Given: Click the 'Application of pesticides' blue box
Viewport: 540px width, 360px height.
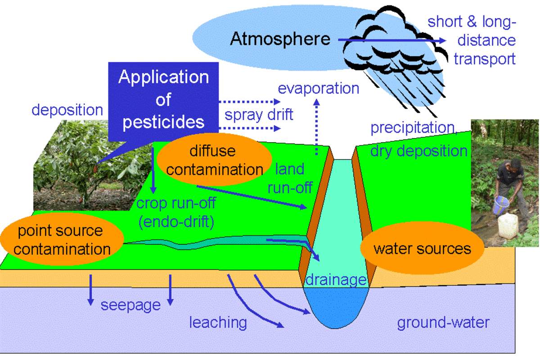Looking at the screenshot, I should pyautogui.click(x=163, y=100).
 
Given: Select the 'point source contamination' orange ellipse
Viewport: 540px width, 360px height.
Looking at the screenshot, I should pyautogui.click(x=63, y=240).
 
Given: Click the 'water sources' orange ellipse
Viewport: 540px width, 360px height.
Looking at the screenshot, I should pyautogui.click(x=422, y=248).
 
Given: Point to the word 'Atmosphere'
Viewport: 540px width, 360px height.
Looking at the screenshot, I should pyautogui.click(x=280, y=39).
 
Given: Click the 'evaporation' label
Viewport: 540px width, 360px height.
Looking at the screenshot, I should pyautogui.click(x=318, y=88).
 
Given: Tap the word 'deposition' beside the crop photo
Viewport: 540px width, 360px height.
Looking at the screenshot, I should pyautogui.click(x=67, y=110).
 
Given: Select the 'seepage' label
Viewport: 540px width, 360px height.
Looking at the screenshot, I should pyautogui.click(x=130, y=305).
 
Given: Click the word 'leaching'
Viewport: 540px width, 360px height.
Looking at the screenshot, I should pyautogui.click(x=218, y=322).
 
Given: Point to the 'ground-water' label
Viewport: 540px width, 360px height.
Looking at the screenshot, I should pyautogui.click(x=443, y=323).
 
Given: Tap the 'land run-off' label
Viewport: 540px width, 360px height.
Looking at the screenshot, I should pyautogui.click(x=290, y=178).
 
